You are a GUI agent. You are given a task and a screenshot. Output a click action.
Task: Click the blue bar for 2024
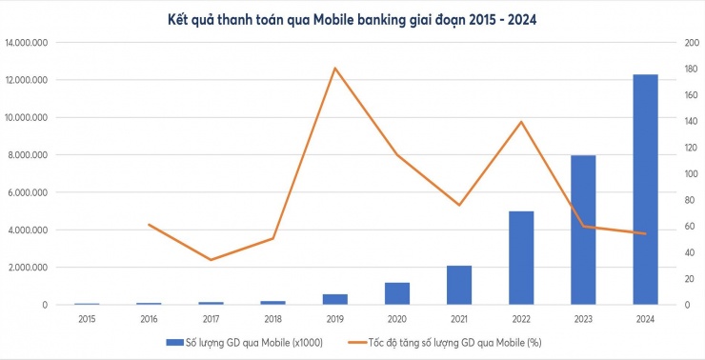coord(645,190)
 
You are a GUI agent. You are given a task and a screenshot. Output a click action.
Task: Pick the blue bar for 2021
coord(459,285)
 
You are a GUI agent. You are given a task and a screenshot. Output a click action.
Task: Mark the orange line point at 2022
coord(521,122)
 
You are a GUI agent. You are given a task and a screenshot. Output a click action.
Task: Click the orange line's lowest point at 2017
coord(211,260)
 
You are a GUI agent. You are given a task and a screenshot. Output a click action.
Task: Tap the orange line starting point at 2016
coord(149,225)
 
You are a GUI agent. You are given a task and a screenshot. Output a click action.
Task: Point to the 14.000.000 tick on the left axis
coord(30,43)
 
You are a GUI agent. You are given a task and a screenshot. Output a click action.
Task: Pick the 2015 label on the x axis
coord(87,319)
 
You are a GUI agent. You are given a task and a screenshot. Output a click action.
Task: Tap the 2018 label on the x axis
coord(272,319)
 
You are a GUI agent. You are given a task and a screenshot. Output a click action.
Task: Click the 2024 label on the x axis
coord(645,319)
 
